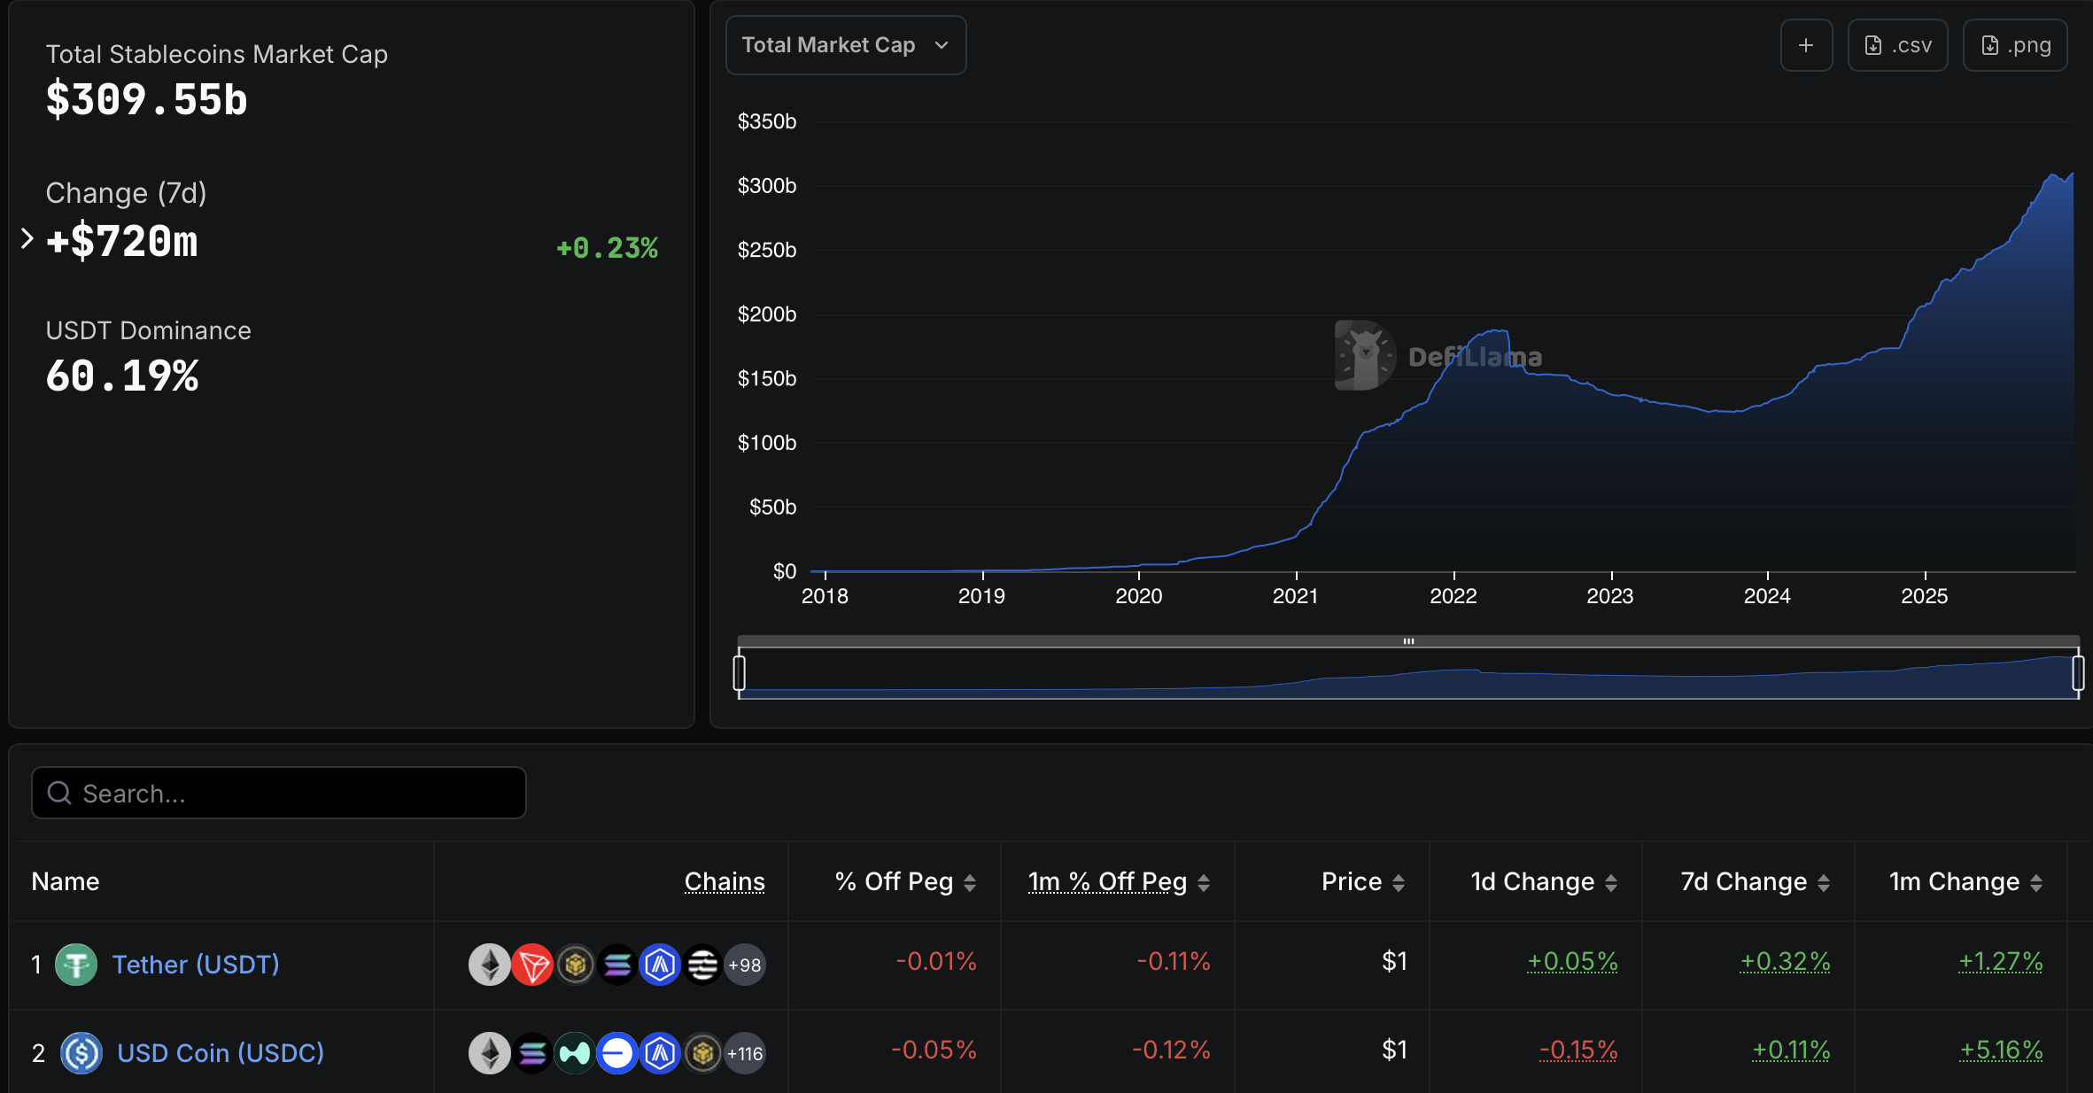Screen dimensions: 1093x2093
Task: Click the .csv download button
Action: click(1897, 45)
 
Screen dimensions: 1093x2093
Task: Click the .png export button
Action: click(2014, 45)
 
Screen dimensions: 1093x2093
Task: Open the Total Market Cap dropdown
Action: click(845, 45)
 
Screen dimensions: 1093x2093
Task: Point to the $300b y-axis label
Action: click(766, 186)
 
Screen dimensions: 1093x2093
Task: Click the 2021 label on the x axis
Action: click(1295, 596)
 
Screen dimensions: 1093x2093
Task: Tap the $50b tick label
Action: click(772, 508)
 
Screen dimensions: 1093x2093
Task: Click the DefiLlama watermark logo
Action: click(1365, 355)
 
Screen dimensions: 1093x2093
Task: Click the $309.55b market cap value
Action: click(147, 99)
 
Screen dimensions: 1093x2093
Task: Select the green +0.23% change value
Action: click(607, 248)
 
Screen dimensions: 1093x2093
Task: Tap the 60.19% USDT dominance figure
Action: click(122, 376)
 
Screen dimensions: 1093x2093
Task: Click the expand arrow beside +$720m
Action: click(27, 238)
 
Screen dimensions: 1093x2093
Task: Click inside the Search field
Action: click(279, 793)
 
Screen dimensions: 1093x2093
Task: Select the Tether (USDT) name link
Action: click(196, 965)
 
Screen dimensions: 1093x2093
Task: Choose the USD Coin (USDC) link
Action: click(221, 1053)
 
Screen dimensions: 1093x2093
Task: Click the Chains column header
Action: click(724, 881)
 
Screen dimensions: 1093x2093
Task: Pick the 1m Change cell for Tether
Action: click(2000, 961)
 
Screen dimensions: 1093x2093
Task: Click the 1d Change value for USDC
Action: click(1578, 1050)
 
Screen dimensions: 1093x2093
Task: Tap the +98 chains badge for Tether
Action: click(745, 965)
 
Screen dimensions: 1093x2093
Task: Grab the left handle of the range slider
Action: click(740, 672)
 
